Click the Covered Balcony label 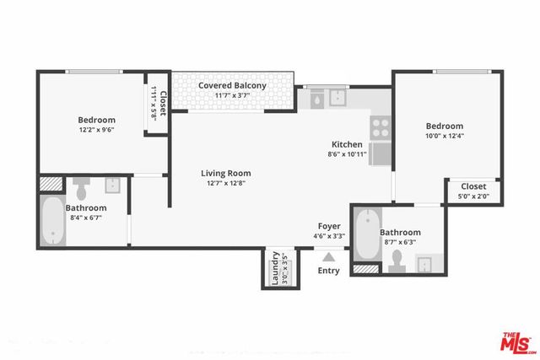pos(232,86)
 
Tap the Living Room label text pos(225,174)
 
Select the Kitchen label pos(346,144)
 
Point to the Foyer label pos(329,226)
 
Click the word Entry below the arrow pos(328,271)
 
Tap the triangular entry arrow pos(328,255)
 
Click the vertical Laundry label pos(275,268)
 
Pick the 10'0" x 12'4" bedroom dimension pos(444,136)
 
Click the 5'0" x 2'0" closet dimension pos(472,196)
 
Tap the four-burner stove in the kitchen pos(381,127)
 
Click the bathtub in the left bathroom pos(52,222)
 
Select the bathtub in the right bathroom pos(366,235)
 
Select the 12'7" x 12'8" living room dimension pos(225,184)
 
